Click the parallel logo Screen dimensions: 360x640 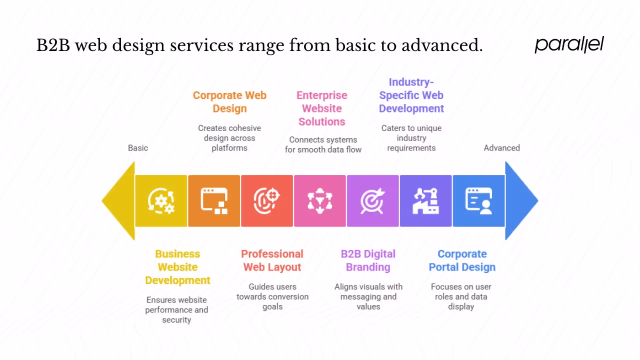tap(569, 44)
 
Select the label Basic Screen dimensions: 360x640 tap(138, 148)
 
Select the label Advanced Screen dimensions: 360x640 tap(501, 148)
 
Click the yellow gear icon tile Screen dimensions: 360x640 tap(161, 200)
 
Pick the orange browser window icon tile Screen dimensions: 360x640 tap(214, 200)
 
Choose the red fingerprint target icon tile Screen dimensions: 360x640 tap(267, 200)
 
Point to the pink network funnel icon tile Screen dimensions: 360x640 tap(320, 200)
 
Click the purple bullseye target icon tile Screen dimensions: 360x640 tap(373, 200)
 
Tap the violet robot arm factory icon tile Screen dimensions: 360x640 tap(426, 200)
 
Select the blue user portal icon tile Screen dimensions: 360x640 tap(478, 200)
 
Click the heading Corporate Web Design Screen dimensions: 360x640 tap(229, 102)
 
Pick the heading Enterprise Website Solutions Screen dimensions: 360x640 tap(321, 108)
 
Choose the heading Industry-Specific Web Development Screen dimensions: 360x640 tap(411, 95)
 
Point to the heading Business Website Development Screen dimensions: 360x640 tap(177, 267)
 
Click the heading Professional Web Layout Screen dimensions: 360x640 tap(272, 260)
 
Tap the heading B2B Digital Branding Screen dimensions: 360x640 tap(368, 260)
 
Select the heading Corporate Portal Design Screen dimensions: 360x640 tap(462, 260)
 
